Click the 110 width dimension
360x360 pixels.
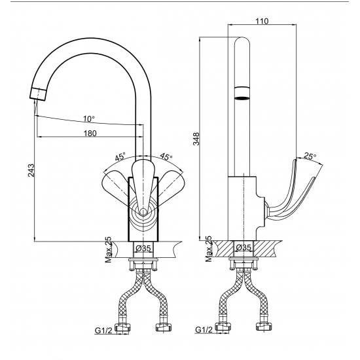262,21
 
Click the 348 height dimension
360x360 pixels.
196,139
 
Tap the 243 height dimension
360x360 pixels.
31,170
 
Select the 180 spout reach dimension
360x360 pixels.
90,133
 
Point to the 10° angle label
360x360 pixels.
89,119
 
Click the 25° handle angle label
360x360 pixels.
310,156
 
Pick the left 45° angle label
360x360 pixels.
120,157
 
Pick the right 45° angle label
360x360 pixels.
166,156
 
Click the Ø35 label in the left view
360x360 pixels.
143,248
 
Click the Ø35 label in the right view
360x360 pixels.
243,247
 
